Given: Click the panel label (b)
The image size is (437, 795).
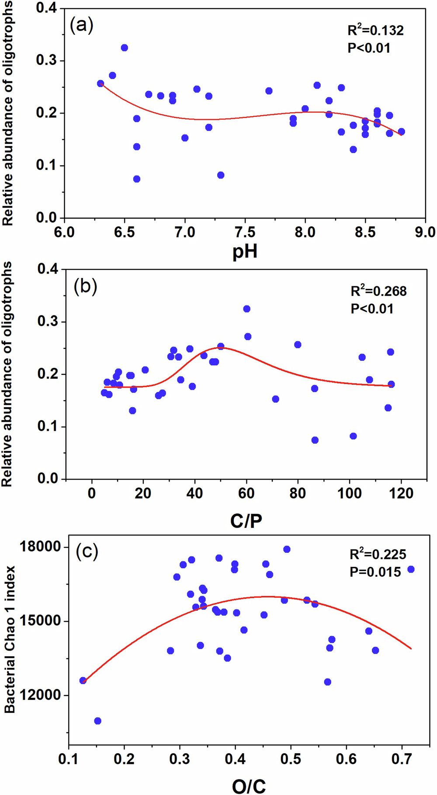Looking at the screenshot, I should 85,286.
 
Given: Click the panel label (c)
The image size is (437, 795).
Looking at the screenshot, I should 87,552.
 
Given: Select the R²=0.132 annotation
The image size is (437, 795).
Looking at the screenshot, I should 375,30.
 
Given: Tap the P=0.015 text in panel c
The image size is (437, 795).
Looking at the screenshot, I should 375,572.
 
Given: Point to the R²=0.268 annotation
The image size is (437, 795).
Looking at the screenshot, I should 378,291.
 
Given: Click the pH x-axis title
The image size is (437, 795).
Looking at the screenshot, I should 245,252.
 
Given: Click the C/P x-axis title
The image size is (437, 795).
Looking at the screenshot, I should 246,521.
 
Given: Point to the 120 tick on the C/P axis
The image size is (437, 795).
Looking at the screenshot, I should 401,493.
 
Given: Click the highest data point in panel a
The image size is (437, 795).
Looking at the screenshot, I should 124,48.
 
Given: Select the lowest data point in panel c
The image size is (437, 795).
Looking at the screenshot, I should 97,721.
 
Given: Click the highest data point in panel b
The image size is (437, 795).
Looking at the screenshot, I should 246,309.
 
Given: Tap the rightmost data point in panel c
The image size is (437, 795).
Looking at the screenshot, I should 410,569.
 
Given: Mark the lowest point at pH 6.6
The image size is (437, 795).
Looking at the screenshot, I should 136,179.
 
